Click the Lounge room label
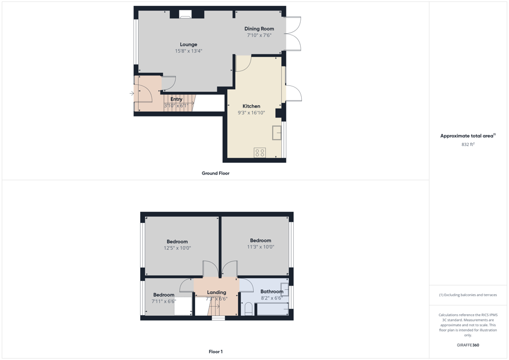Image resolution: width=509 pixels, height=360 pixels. tap(189, 44)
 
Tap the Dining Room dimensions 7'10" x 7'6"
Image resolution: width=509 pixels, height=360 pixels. tap(259, 35)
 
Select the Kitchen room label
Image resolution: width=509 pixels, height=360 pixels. tap(251, 106)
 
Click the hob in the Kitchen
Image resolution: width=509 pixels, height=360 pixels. tap(260, 152)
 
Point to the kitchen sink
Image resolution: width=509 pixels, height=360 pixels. tap(276, 133)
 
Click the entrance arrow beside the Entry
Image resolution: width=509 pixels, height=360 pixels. tap(132, 93)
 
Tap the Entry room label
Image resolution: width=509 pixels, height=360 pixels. tap(176, 99)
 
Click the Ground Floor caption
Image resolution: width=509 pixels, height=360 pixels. tap(216, 173)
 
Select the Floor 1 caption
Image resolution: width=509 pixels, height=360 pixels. tap(216, 352)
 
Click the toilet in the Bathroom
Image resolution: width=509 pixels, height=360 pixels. tap(248, 309)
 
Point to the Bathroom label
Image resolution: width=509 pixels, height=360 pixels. tap(272, 291)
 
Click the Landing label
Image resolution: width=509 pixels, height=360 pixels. tap(216, 292)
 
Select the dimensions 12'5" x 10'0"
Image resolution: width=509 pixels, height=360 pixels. tap(177, 248)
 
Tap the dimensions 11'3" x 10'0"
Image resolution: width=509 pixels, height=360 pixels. tap(261, 247)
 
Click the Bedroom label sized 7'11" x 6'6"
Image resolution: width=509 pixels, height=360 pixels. tap(164, 295)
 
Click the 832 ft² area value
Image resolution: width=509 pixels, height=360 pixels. tap(468, 144)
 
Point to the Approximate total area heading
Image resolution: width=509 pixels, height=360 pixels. tap(468, 136)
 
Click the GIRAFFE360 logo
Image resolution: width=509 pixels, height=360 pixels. tap(468, 345)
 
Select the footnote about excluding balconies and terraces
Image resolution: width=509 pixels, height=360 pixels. tap(468, 295)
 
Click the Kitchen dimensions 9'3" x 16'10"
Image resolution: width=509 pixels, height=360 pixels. tap(251, 113)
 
